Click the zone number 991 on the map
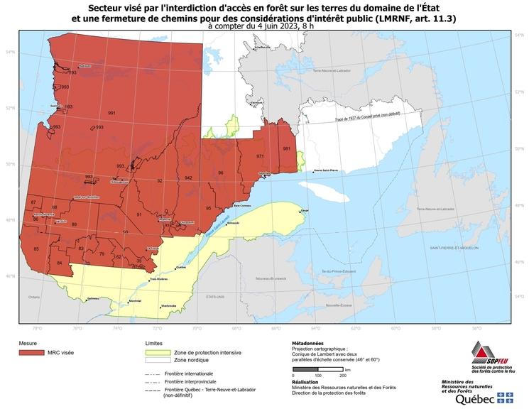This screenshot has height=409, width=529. click(x=111, y=113)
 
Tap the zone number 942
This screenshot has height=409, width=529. click(x=188, y=177)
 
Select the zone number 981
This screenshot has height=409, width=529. click(x=286, y=148)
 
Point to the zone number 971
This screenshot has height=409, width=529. click(x=260, y=156)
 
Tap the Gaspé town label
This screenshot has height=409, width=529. click(x=305, y=211)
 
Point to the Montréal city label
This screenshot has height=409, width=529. click(x=133, y=302)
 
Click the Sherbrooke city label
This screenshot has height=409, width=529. click(x=168, y=305)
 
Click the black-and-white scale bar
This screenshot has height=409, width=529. click(x=318, y=370)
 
